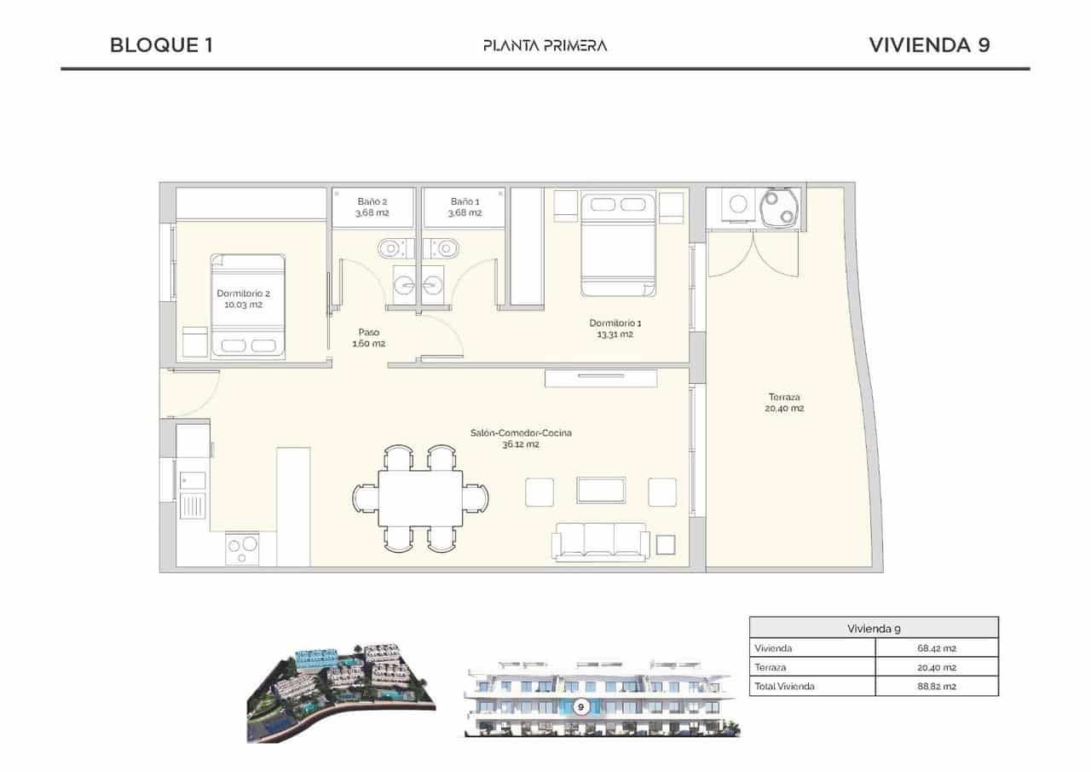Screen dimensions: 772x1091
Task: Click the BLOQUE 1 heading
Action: click(x=161, y=45)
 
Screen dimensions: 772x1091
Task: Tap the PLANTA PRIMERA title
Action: click(x=545, y=45)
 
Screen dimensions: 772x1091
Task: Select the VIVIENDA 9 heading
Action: click(x=928, y=45)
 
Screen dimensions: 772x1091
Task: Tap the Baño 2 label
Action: click(x=372, y=207)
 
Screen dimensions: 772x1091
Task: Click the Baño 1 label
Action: click(x=465, y=207)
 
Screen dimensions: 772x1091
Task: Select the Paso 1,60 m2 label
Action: click(x=369, y=338)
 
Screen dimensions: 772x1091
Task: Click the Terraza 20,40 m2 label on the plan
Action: click(x=784, y=403)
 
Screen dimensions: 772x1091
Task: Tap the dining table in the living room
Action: click(x=421, y=498)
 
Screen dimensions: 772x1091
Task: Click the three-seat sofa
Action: click(x=600, y=542)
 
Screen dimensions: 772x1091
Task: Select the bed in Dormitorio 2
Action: click(x=248, y=305)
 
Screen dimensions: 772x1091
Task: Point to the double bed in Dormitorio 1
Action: click(x=619, y=244)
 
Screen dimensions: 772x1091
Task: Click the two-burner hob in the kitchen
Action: click(x=241, y=548)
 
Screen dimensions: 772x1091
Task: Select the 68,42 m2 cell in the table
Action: click(x=937, y=648)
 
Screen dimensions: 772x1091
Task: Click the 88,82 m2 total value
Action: click(x=937, y=686)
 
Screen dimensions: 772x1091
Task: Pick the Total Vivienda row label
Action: click(x=784, y=686)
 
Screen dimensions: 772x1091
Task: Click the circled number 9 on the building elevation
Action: click(x=580, y=706)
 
